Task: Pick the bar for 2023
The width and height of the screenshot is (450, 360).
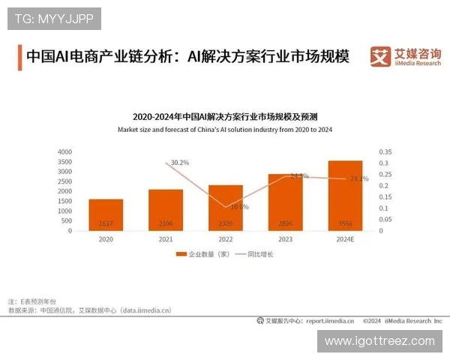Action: (285, 202)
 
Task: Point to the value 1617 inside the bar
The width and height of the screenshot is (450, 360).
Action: (106, 224)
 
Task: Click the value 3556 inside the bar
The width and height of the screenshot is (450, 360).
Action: (345, 224)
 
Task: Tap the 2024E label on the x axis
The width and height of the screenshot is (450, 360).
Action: (345, 239)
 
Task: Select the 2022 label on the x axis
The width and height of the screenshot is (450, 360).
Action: (225, 239)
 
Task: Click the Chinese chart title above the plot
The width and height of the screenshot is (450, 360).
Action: (225, 117)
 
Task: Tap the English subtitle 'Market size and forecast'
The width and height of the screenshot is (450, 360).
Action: (225, 130)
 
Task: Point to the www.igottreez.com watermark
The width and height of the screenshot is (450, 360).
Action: (379, 340)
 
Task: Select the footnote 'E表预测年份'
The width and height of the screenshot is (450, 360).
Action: (37, 300)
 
